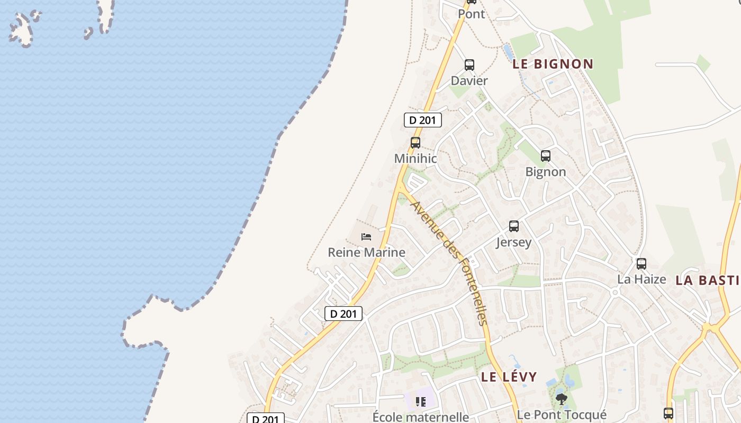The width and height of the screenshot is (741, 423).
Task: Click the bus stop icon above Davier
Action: (469, 65)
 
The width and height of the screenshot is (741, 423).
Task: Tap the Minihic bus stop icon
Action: (415, 142)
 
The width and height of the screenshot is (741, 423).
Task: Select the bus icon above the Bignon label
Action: (546, 156)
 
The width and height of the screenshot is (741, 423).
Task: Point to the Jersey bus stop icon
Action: (513, 226)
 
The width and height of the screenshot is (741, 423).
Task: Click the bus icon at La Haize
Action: (641, 263)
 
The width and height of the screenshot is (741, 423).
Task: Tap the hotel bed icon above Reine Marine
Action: (366, 236)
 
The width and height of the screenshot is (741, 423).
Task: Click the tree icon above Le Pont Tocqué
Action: (562, 399)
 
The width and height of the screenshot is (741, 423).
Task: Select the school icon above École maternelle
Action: (421, 402)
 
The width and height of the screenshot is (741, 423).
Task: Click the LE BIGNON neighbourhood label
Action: (553, 64)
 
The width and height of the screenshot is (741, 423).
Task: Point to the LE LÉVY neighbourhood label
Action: (509, 377)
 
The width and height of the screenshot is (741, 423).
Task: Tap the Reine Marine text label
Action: (366, 252)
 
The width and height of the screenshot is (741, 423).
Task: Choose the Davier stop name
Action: (469, 81)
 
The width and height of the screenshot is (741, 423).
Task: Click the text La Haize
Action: (641, 279)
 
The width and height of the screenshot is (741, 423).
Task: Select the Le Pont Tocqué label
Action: (562, 415)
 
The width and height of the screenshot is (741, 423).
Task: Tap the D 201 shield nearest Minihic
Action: (422, 120)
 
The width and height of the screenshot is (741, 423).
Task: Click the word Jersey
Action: (513, 242)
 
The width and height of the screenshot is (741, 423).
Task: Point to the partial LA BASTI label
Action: (707, 280)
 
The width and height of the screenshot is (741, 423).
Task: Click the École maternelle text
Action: (421, 417)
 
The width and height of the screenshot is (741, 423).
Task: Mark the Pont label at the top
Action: (471, 14)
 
